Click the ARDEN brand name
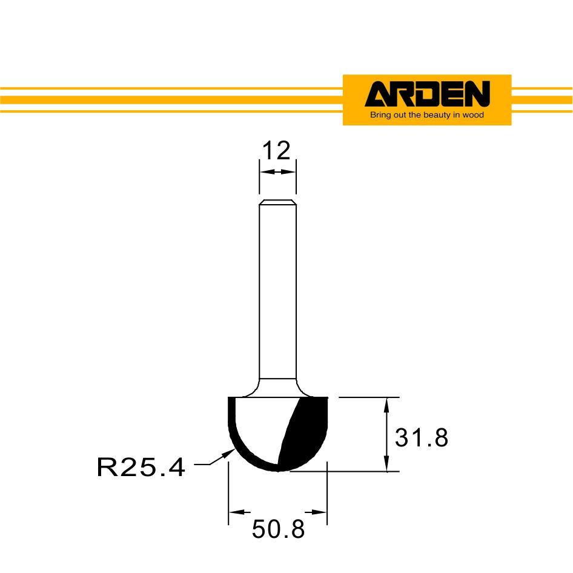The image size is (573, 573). [427, 94]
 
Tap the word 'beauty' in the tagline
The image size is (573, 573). [437, 115]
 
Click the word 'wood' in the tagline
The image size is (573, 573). [473, 115]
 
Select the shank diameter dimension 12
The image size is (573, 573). [276, 150]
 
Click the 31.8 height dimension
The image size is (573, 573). [422, 437]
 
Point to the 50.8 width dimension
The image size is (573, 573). [278, 529]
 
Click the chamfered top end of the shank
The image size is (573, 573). [278, 202]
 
